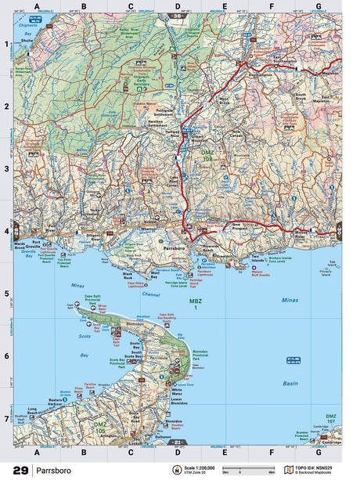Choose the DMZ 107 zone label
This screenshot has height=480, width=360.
[331, 418]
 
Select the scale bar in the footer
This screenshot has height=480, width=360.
[244, 470]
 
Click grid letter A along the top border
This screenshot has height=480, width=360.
[37, 6]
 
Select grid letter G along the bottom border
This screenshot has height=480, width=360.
[318, 452]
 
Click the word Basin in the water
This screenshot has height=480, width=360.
[290, 383]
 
